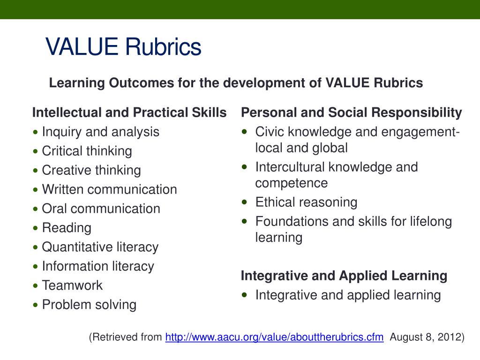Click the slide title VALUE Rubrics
click(123, 47)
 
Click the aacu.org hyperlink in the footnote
click(274, 337)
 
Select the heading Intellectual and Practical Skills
click(129, 113)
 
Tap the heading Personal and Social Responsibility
click(351, 113)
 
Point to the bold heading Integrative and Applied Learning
click(344, 276)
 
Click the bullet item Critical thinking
click(87, 151)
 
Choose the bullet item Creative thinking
click(91, 170)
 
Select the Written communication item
click(109, 189)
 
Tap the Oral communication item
click(101, 209)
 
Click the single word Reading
click(67, 228)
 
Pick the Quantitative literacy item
click(100, 247)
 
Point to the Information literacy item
click(97, 266)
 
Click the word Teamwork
click(72, 285)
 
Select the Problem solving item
click(89, 305)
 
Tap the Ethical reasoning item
click(306, 202)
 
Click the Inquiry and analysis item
click(100, 132)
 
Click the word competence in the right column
click(291, 183)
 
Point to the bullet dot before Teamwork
click(37, 286)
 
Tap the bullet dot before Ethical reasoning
click(245, 202)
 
